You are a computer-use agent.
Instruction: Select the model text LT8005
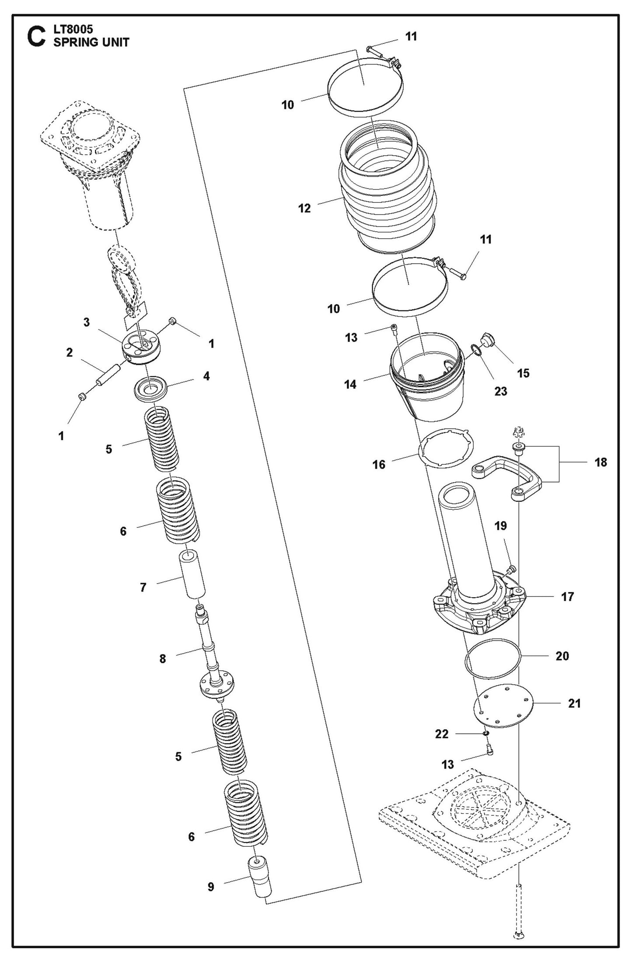[73, 30]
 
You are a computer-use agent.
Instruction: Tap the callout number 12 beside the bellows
[304, 208]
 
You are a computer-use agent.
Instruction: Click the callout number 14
[350, 384]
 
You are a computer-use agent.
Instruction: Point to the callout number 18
[601, 462]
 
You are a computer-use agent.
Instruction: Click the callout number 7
[143, 587]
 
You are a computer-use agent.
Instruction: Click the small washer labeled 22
[485, 733]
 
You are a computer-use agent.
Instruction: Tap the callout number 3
[87, 322]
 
